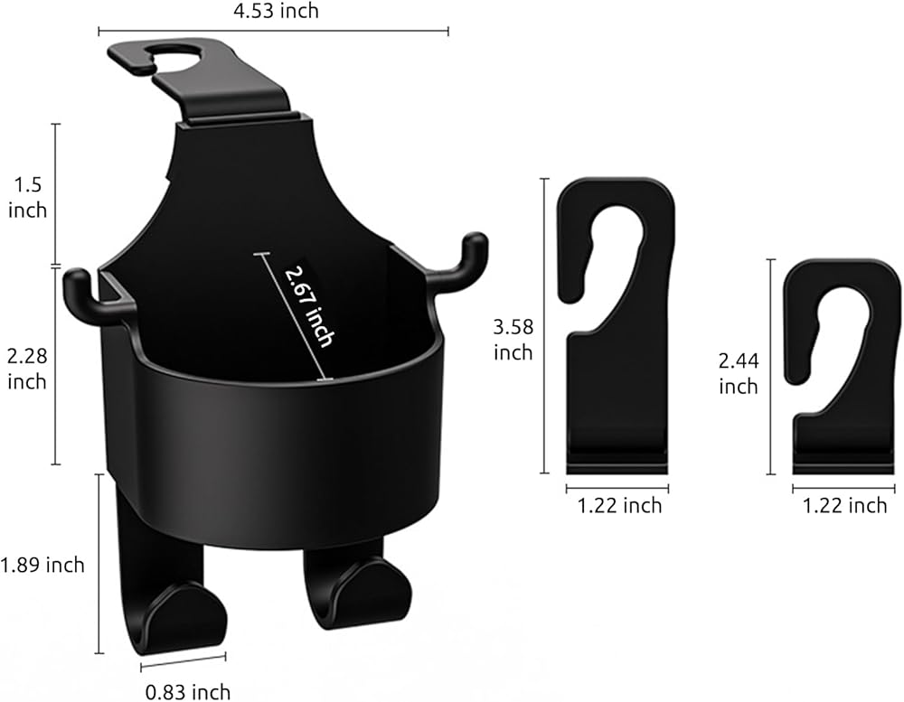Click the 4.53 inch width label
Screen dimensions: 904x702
276,10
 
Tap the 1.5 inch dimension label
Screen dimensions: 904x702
27,198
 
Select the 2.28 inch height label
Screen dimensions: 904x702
26,369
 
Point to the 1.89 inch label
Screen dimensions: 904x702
42,565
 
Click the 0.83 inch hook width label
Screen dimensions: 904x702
188,692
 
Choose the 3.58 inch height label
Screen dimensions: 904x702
513,340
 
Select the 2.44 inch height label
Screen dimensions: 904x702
739,373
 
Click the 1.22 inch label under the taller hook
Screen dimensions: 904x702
620,505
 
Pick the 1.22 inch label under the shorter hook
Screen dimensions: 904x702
845,505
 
